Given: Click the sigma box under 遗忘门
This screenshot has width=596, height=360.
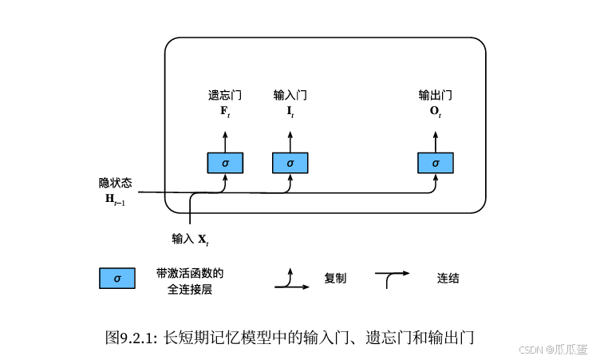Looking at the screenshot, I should [225, 163].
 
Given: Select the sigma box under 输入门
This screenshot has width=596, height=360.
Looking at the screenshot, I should [290, 163].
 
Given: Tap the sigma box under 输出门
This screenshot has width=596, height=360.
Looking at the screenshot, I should [436, 163].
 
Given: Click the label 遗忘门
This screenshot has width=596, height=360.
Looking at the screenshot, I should [225, 95].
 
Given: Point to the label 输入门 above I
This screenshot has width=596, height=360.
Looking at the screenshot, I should [290, 95].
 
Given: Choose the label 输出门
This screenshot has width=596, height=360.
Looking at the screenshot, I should [436, 95].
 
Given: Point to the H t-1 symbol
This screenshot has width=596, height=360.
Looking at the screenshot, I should [115, 199].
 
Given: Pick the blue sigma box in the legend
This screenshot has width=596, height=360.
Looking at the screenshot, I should [117, 279].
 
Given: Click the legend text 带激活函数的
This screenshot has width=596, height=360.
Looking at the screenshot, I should [190, 273].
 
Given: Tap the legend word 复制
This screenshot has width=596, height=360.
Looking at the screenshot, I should [335, 279].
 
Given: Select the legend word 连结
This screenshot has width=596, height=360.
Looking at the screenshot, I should [448, 279].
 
